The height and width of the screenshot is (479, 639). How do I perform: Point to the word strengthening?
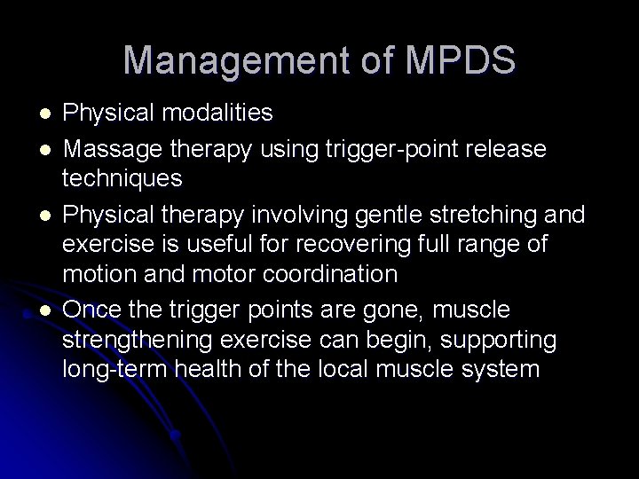pos(132,340)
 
